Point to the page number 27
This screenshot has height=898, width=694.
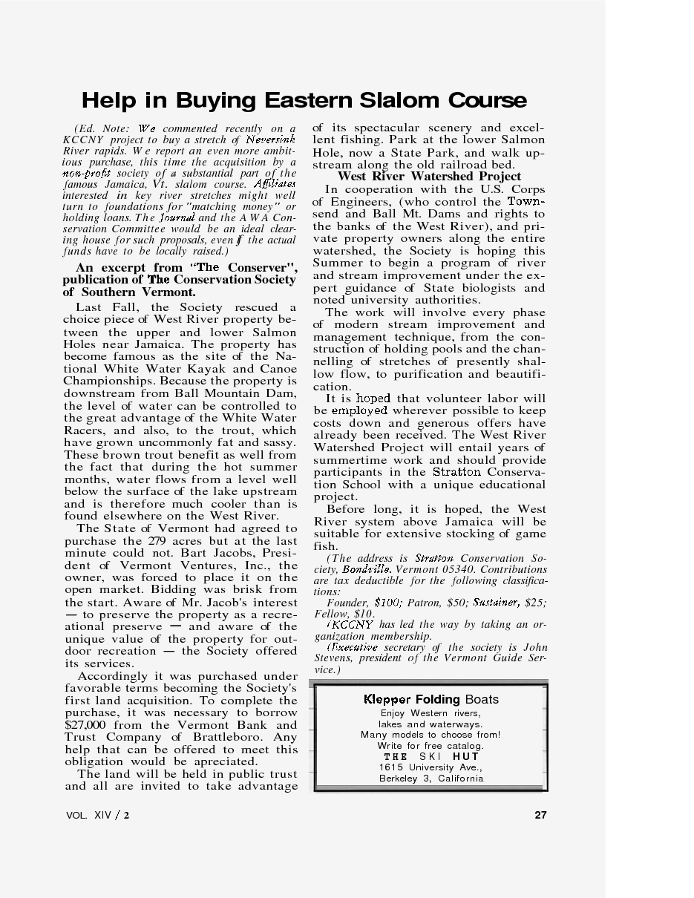[x=540, y=815]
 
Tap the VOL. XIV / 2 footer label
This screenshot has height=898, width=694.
[x=97, y=815]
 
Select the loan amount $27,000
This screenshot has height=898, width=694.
[x=85, y=725]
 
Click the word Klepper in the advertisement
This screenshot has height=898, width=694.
[x=387, y=699]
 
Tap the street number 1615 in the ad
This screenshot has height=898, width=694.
[x=390, y=767]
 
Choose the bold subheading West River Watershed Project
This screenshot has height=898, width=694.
[x=429, y=177]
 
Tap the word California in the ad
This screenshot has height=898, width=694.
[x=460, y=779]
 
